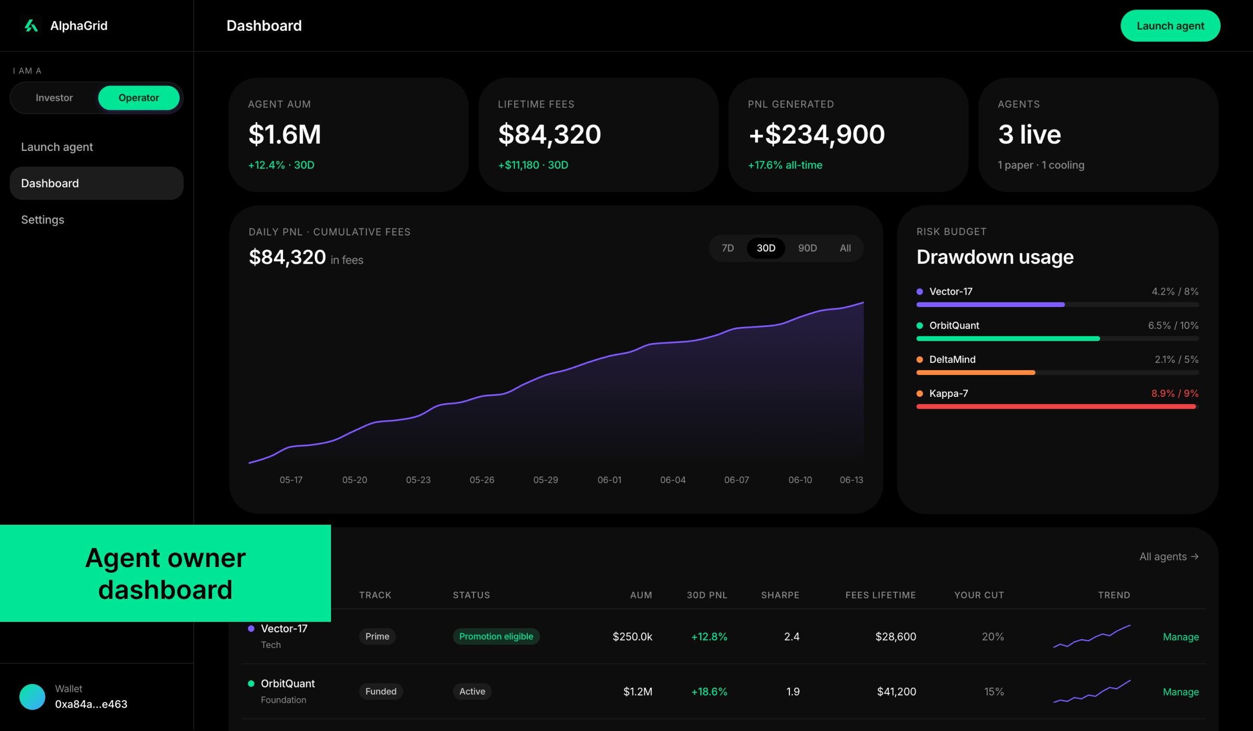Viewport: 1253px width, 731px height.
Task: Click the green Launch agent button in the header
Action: pyautogui.click(x=1170, y=26)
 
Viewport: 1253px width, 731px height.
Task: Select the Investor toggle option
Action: pyautogui.click(x=54, y=98)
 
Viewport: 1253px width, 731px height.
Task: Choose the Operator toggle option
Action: pyautogui.click(x=139, y=98)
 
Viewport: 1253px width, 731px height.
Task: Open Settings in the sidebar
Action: pyautogui.click(x=43, y=220)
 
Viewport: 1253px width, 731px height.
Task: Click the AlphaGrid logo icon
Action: pyautogui.click(x=31, y=26)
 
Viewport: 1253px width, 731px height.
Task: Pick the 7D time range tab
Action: pyautogui.click(x=728, y=248)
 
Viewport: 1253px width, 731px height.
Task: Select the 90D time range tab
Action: pyautogui.click(x=807, y=248)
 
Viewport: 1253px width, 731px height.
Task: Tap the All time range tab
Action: pyautogui.click(x=845, y=248)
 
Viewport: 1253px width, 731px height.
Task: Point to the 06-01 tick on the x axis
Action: pyautogui.click(x=609, y=480)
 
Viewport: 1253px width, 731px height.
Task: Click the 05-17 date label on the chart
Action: pyautogui.click(x=291, y=480)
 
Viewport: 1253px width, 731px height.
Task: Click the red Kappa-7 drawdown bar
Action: pyautogui.click(x=1056, y=406)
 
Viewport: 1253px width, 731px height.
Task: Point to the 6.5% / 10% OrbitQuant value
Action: pyautogui.click(x=1173, y=325)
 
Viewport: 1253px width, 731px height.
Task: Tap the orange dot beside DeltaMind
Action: pyautogui.click(x=920, y=359)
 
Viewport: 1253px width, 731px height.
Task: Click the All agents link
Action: pyautogui.click(x=1168, y=557)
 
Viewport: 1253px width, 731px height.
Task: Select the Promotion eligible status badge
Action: pyautogui.click(x=496, y=636)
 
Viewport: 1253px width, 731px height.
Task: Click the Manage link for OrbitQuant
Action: pyautogui.click(x=1180, y=692)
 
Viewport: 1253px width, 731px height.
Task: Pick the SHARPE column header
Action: pyautogui.click(x=780, y=595)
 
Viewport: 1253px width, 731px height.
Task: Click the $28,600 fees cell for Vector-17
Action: pyautogui.click(x=895, y=636)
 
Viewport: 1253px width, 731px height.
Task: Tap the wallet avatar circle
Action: pyautogui.click(x=32, y=697)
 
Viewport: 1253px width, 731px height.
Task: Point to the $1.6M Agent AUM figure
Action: pyautogui.click(x=285, y=134)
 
